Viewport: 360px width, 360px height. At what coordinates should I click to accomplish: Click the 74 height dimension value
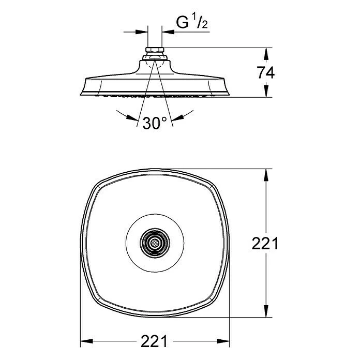pos(265,72)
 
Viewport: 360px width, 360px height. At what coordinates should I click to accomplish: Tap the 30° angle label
pos(155,123)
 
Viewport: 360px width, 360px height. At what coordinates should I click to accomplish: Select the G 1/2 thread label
pos(192,22)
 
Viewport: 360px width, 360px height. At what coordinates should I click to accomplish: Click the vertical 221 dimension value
pos(265,244)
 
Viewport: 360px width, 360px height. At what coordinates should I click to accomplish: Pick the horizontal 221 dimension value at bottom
pos(154,341)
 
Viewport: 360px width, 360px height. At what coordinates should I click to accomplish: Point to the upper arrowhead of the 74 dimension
pos(266,54)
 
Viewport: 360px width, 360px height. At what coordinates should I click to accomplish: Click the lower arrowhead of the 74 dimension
pos(266,91)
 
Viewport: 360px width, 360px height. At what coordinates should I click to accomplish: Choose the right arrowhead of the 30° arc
pos(178,117)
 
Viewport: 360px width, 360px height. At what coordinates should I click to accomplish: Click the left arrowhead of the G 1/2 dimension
pos(141,32)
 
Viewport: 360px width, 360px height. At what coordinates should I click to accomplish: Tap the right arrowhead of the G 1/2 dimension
pos(168,32)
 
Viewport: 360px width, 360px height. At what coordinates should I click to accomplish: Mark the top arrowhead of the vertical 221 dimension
pos(266,175)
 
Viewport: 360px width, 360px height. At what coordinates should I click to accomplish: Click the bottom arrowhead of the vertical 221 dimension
pos(266,311)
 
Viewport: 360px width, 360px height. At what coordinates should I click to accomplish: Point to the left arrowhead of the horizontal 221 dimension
pos(87,341)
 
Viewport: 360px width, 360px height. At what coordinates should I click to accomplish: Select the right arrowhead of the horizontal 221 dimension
pos(223,341)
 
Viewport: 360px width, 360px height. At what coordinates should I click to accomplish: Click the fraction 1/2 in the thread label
pos(200,22)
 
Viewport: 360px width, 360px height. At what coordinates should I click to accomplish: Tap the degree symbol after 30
pos(164,119)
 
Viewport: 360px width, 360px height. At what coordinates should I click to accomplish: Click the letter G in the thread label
pos(182,22)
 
